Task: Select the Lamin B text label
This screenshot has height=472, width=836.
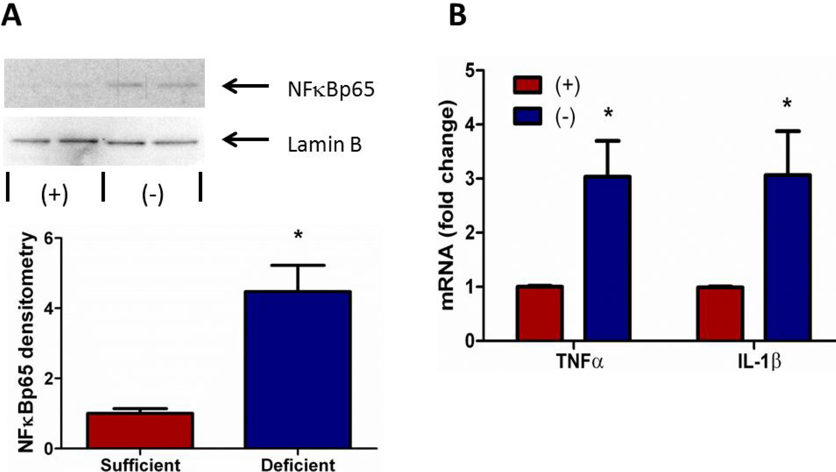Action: point(325,145)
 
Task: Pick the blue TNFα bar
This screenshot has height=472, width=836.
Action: point(607,258)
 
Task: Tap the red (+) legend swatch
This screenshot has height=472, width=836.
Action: point(528,85)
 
